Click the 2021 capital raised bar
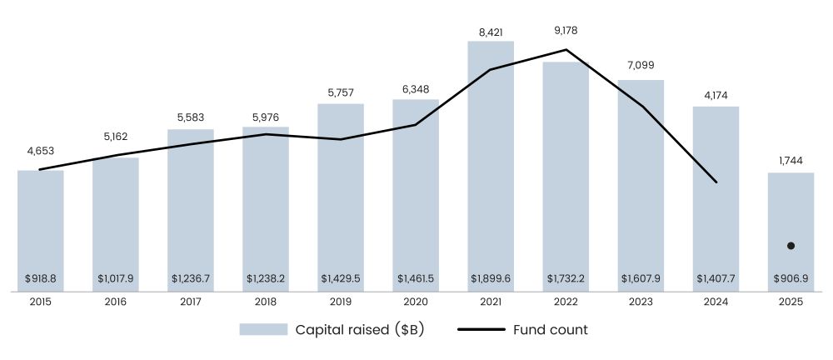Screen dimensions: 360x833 pos(491,167)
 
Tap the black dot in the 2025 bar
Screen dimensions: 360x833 pos(791,246)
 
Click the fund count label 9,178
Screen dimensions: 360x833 pos(566,31)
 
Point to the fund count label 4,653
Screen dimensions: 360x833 pos(41,152)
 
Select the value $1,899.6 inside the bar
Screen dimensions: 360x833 pos(491,278)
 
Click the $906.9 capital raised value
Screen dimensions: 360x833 pos(791,278)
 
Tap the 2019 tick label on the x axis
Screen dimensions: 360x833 pos(341,303)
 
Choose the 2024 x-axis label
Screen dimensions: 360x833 pos(716,303)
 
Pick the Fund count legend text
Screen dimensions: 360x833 pos(549,330)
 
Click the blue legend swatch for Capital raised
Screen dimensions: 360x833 pos(263,330)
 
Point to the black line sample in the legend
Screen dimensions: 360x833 pos(481,330)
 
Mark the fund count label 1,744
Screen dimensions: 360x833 pos(791,158)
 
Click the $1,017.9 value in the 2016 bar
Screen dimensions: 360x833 pos(116,278)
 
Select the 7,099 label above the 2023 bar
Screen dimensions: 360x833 pos(641,65)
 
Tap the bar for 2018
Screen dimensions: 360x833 pos(266,208)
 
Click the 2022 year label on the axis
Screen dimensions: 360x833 pos(566,303)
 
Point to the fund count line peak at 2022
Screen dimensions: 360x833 pos(566,49)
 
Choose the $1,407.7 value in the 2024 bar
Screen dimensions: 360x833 pos(716,278)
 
